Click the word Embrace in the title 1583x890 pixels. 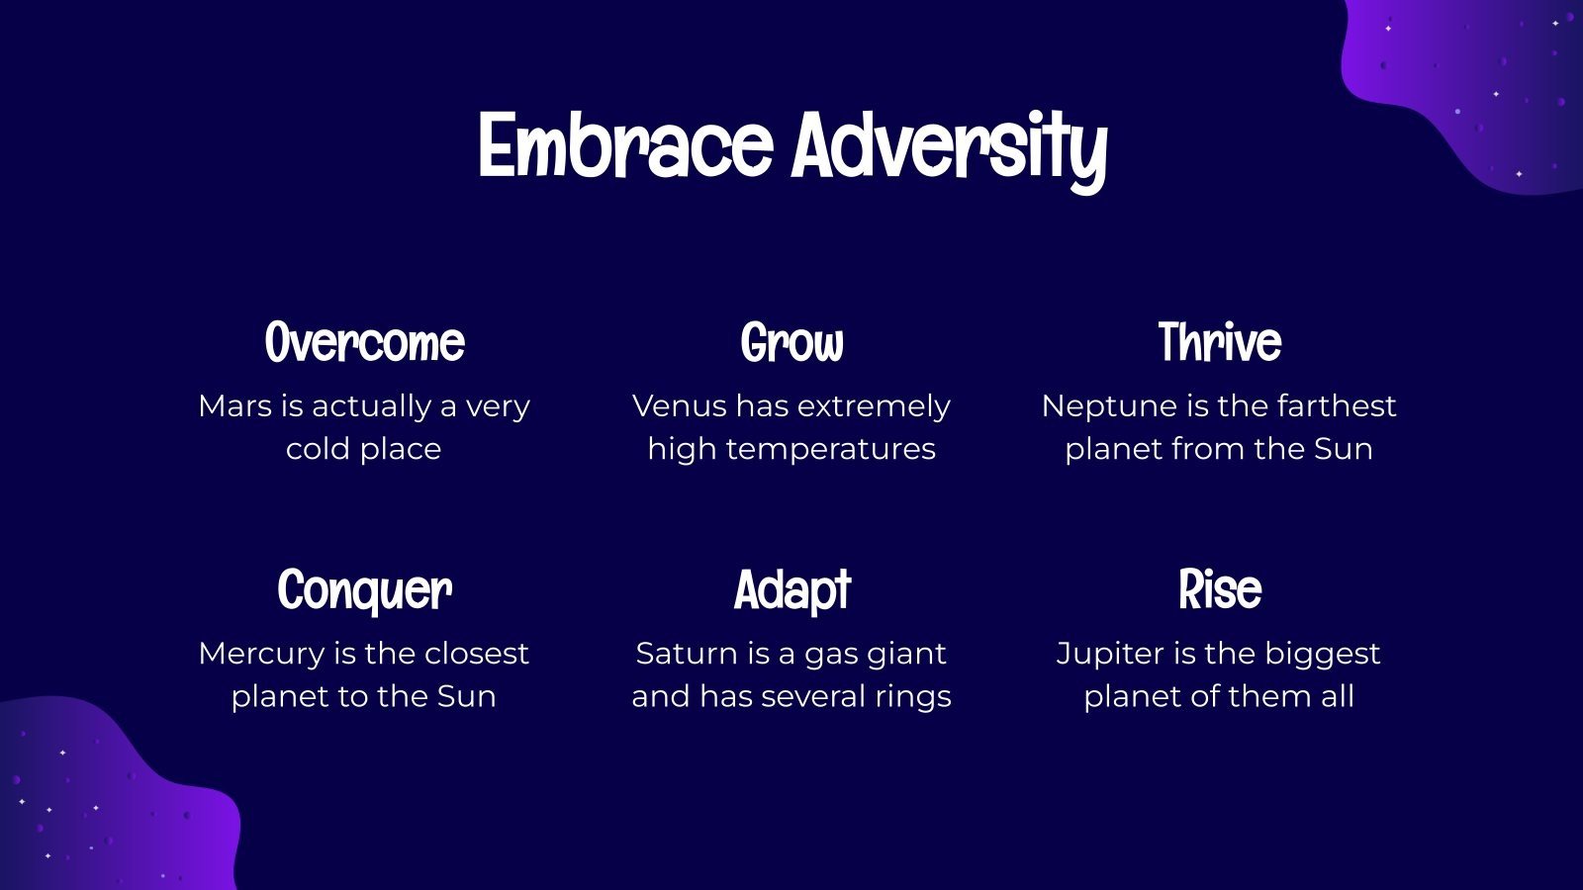click(625, 145)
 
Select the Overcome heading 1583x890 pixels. click(365, 342)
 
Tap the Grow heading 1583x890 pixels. click(791, 342)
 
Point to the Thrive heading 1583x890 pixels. click(1219, 342)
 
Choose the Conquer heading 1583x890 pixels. click(365, 590)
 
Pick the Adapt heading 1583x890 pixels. click(792, 590)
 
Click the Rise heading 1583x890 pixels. click(1220, 589)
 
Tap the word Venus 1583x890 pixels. click(679, 406)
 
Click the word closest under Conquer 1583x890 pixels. click(476, 654)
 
